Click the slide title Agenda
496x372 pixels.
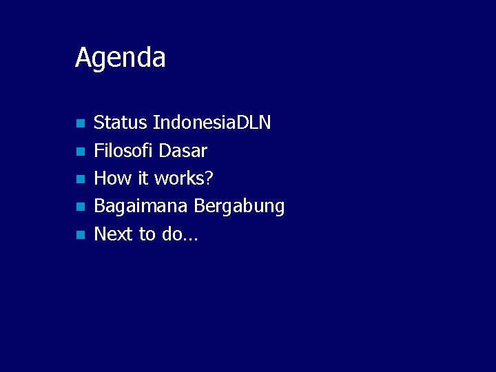(x=120, y=58)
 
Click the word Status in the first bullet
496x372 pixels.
(x=121, y=123)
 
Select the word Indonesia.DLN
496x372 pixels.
(x=212, y=123)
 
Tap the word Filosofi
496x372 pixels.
(x=123, y=151)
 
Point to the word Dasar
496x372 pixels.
(x=183, y=151)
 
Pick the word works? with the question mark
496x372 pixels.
(x=184, y=178)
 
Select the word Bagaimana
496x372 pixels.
(x=141, y=207)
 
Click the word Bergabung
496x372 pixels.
(x=239, y=207)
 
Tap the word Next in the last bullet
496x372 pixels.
(x=114, y=234)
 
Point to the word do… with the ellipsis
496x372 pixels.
(x=179, y=234)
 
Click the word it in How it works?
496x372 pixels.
(x=143, y=178)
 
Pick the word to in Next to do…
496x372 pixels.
(x=147, y=234)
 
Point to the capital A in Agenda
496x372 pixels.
(x=83, y=57)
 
